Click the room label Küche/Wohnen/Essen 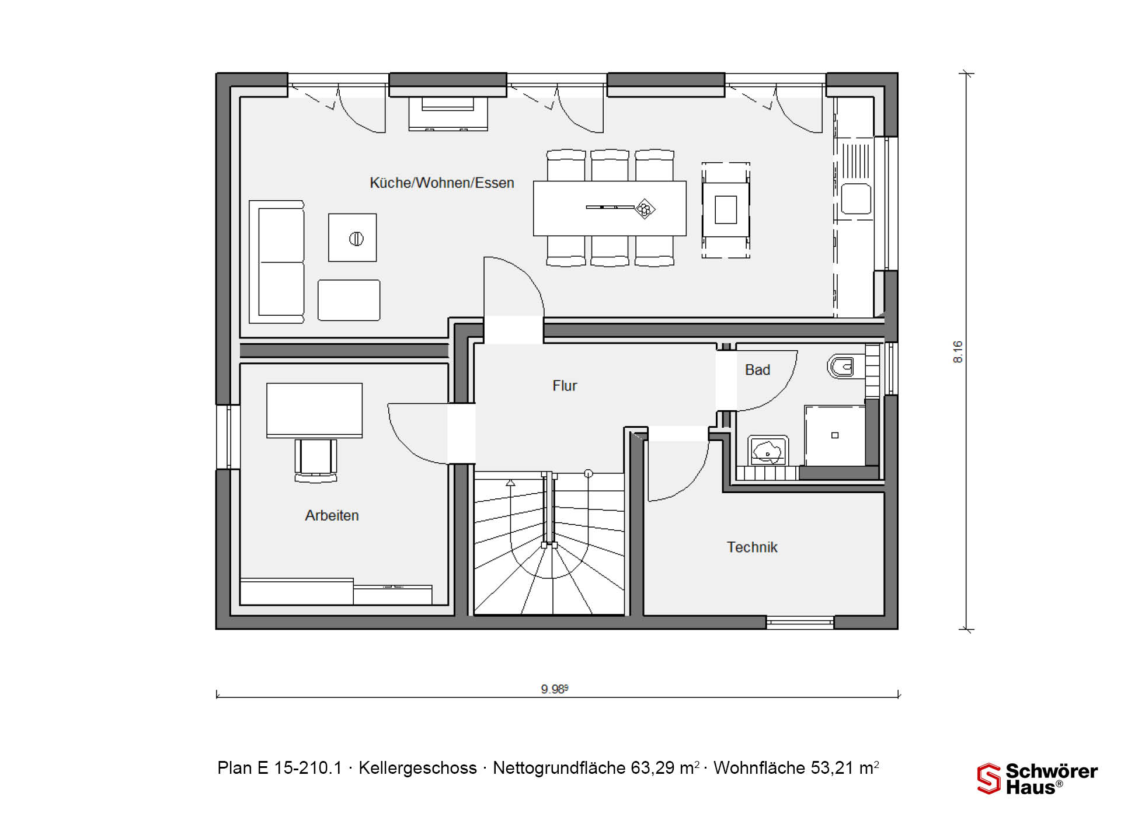click(442, 183)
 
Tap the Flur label click(565, 386)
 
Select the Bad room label click(758, 370)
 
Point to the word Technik click(752, 547)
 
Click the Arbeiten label click(332, 515)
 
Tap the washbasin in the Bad click(768, 451)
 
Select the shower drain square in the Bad click(835, 435)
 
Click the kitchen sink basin click(856, 199)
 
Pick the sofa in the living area click(277, 262)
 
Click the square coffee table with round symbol click(353, 238)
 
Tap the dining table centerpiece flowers click(645, 208)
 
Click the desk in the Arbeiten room click(315, 410)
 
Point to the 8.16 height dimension click(958, 352)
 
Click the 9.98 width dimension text click(554, 689)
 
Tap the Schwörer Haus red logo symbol click(988, 778)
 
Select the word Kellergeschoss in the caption click(417, 768)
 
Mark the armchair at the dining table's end click(726, 210)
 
